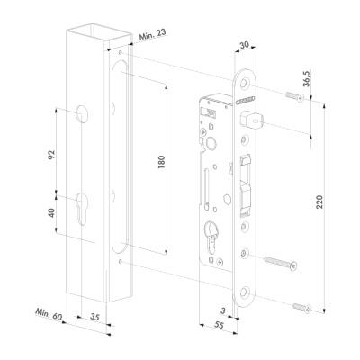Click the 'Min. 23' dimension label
point(152,34)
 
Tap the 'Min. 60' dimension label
point(49,314)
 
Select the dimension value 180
point(161,162)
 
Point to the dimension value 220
point(319,202)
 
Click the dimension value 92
point(52,154)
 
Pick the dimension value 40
point(51,212)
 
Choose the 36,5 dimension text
point(307,78)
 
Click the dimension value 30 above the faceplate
point(245,45)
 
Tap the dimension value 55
point(220,325)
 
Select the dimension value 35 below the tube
point(94,317)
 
